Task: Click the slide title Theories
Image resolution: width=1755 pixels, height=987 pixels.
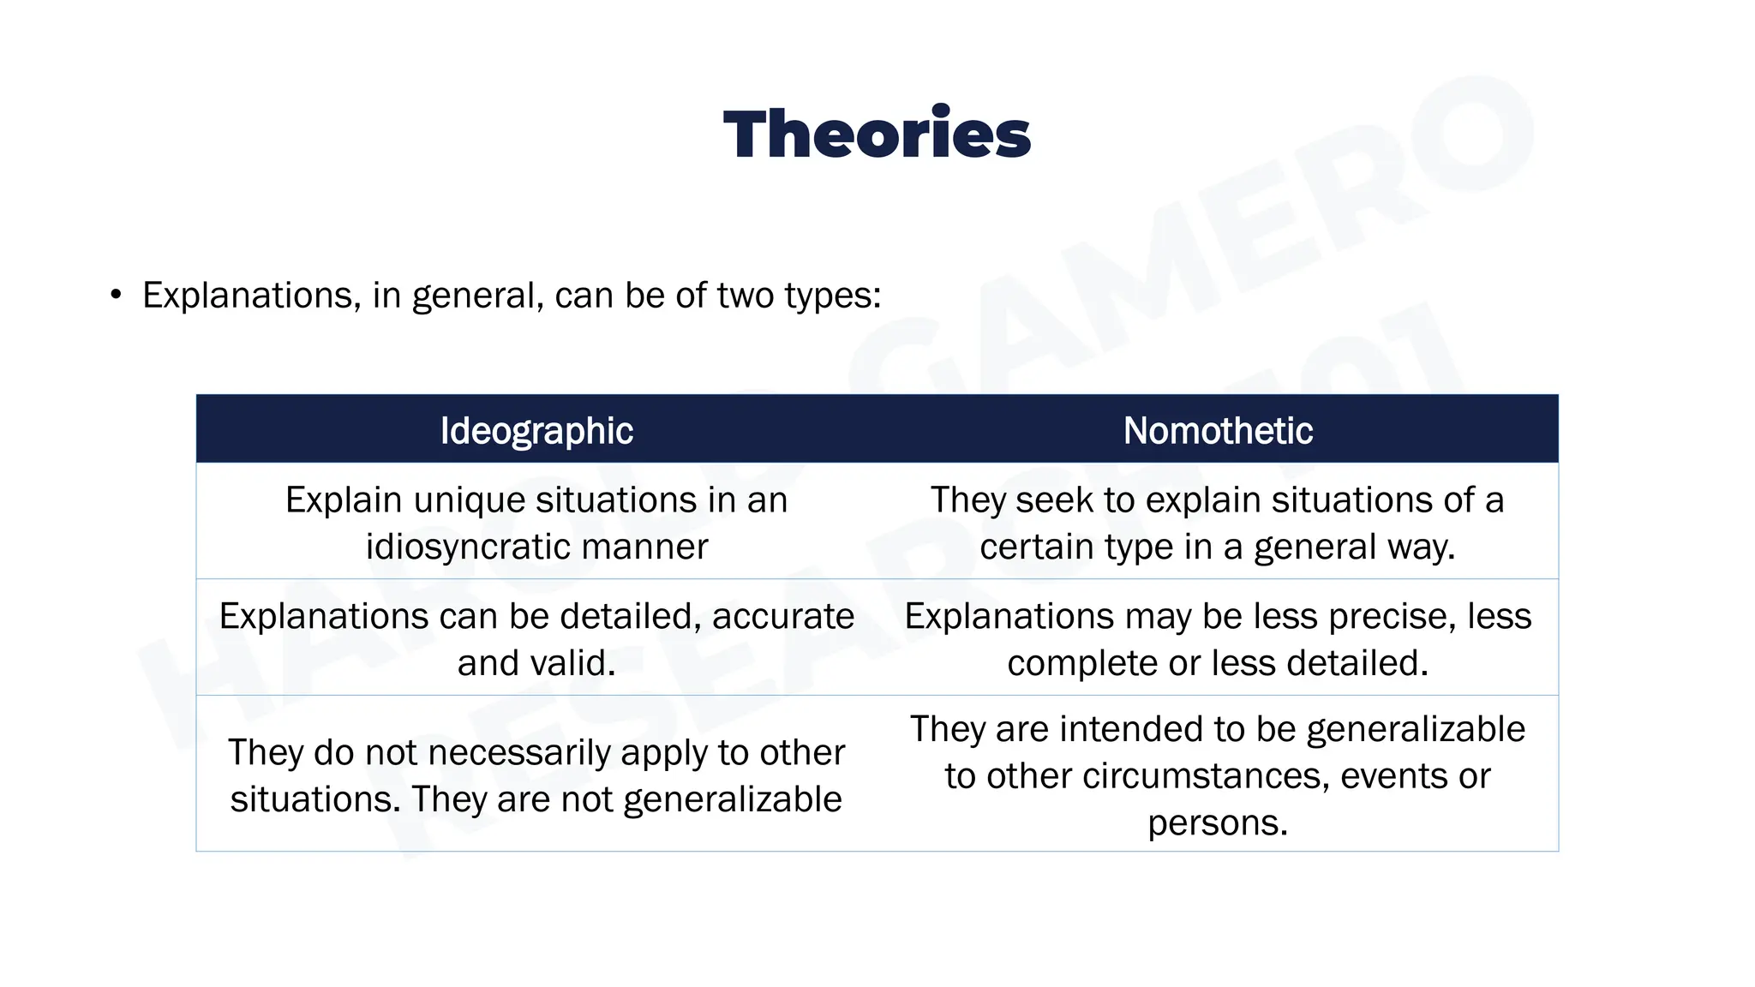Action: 877,135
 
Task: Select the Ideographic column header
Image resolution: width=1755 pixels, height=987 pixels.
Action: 536,430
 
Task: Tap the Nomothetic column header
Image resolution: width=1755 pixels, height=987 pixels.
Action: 1218,430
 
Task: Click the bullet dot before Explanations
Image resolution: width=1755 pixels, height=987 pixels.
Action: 116,296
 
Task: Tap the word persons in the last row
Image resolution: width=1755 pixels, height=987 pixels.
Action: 1217,822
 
